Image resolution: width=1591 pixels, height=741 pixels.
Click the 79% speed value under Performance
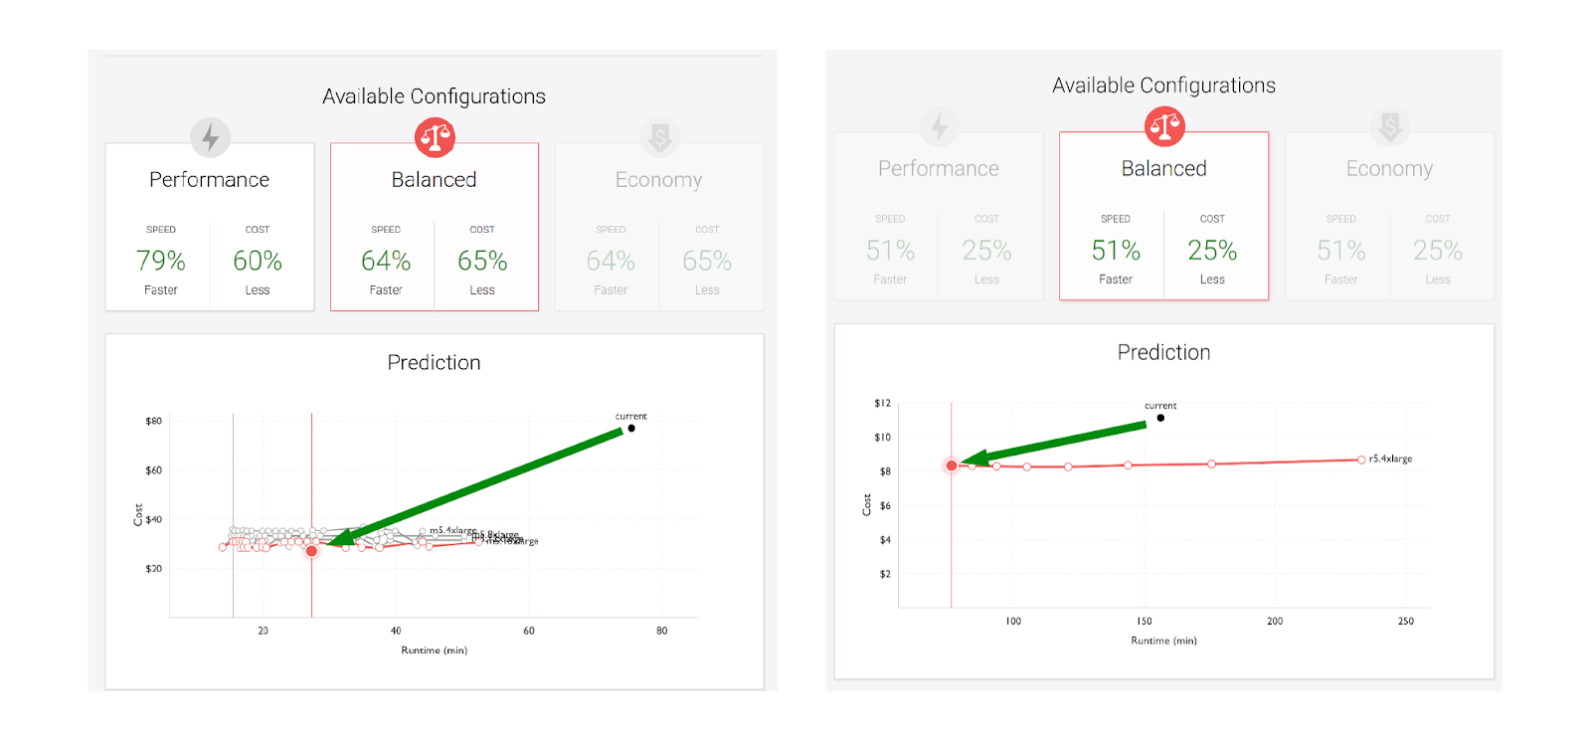[x=160, y=261]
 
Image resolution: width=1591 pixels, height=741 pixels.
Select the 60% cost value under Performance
[x=258, y=261]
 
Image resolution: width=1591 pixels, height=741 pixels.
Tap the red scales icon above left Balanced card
[x=435, y=137]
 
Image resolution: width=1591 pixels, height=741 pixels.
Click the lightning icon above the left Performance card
[x=210, y=137]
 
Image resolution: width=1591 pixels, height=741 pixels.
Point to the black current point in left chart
[x=631, y=429]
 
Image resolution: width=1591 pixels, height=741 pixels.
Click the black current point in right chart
[x=1160, y=418]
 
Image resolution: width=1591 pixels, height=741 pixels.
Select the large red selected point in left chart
[x=311, y=551]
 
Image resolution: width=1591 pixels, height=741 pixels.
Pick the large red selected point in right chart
[x=952, y=465]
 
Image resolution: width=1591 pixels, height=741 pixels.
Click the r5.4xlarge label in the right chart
[x=1390, y=459]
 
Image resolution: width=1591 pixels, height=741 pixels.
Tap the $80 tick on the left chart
[x=153, y=421]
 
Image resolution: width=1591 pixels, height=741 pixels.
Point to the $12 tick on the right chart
[x=882, y=403]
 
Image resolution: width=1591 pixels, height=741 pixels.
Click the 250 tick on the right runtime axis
[x=1405, y=621]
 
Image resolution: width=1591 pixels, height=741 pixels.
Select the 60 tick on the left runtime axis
[x=528, y=631]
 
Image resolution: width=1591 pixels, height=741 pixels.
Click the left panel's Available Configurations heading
[x=434, y=96]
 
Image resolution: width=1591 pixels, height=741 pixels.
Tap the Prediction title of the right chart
[x=1163, y=352]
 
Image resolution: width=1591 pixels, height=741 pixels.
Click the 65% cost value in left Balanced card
[x=482, y=261]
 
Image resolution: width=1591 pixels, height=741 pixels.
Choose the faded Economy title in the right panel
[x=1389, y=169]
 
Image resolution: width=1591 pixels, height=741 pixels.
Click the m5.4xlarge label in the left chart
[x=452, y=530]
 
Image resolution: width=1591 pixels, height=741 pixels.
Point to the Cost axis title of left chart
[x=138, y=514]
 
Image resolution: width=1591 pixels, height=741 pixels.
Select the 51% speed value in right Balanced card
[x=1116, y=251]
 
